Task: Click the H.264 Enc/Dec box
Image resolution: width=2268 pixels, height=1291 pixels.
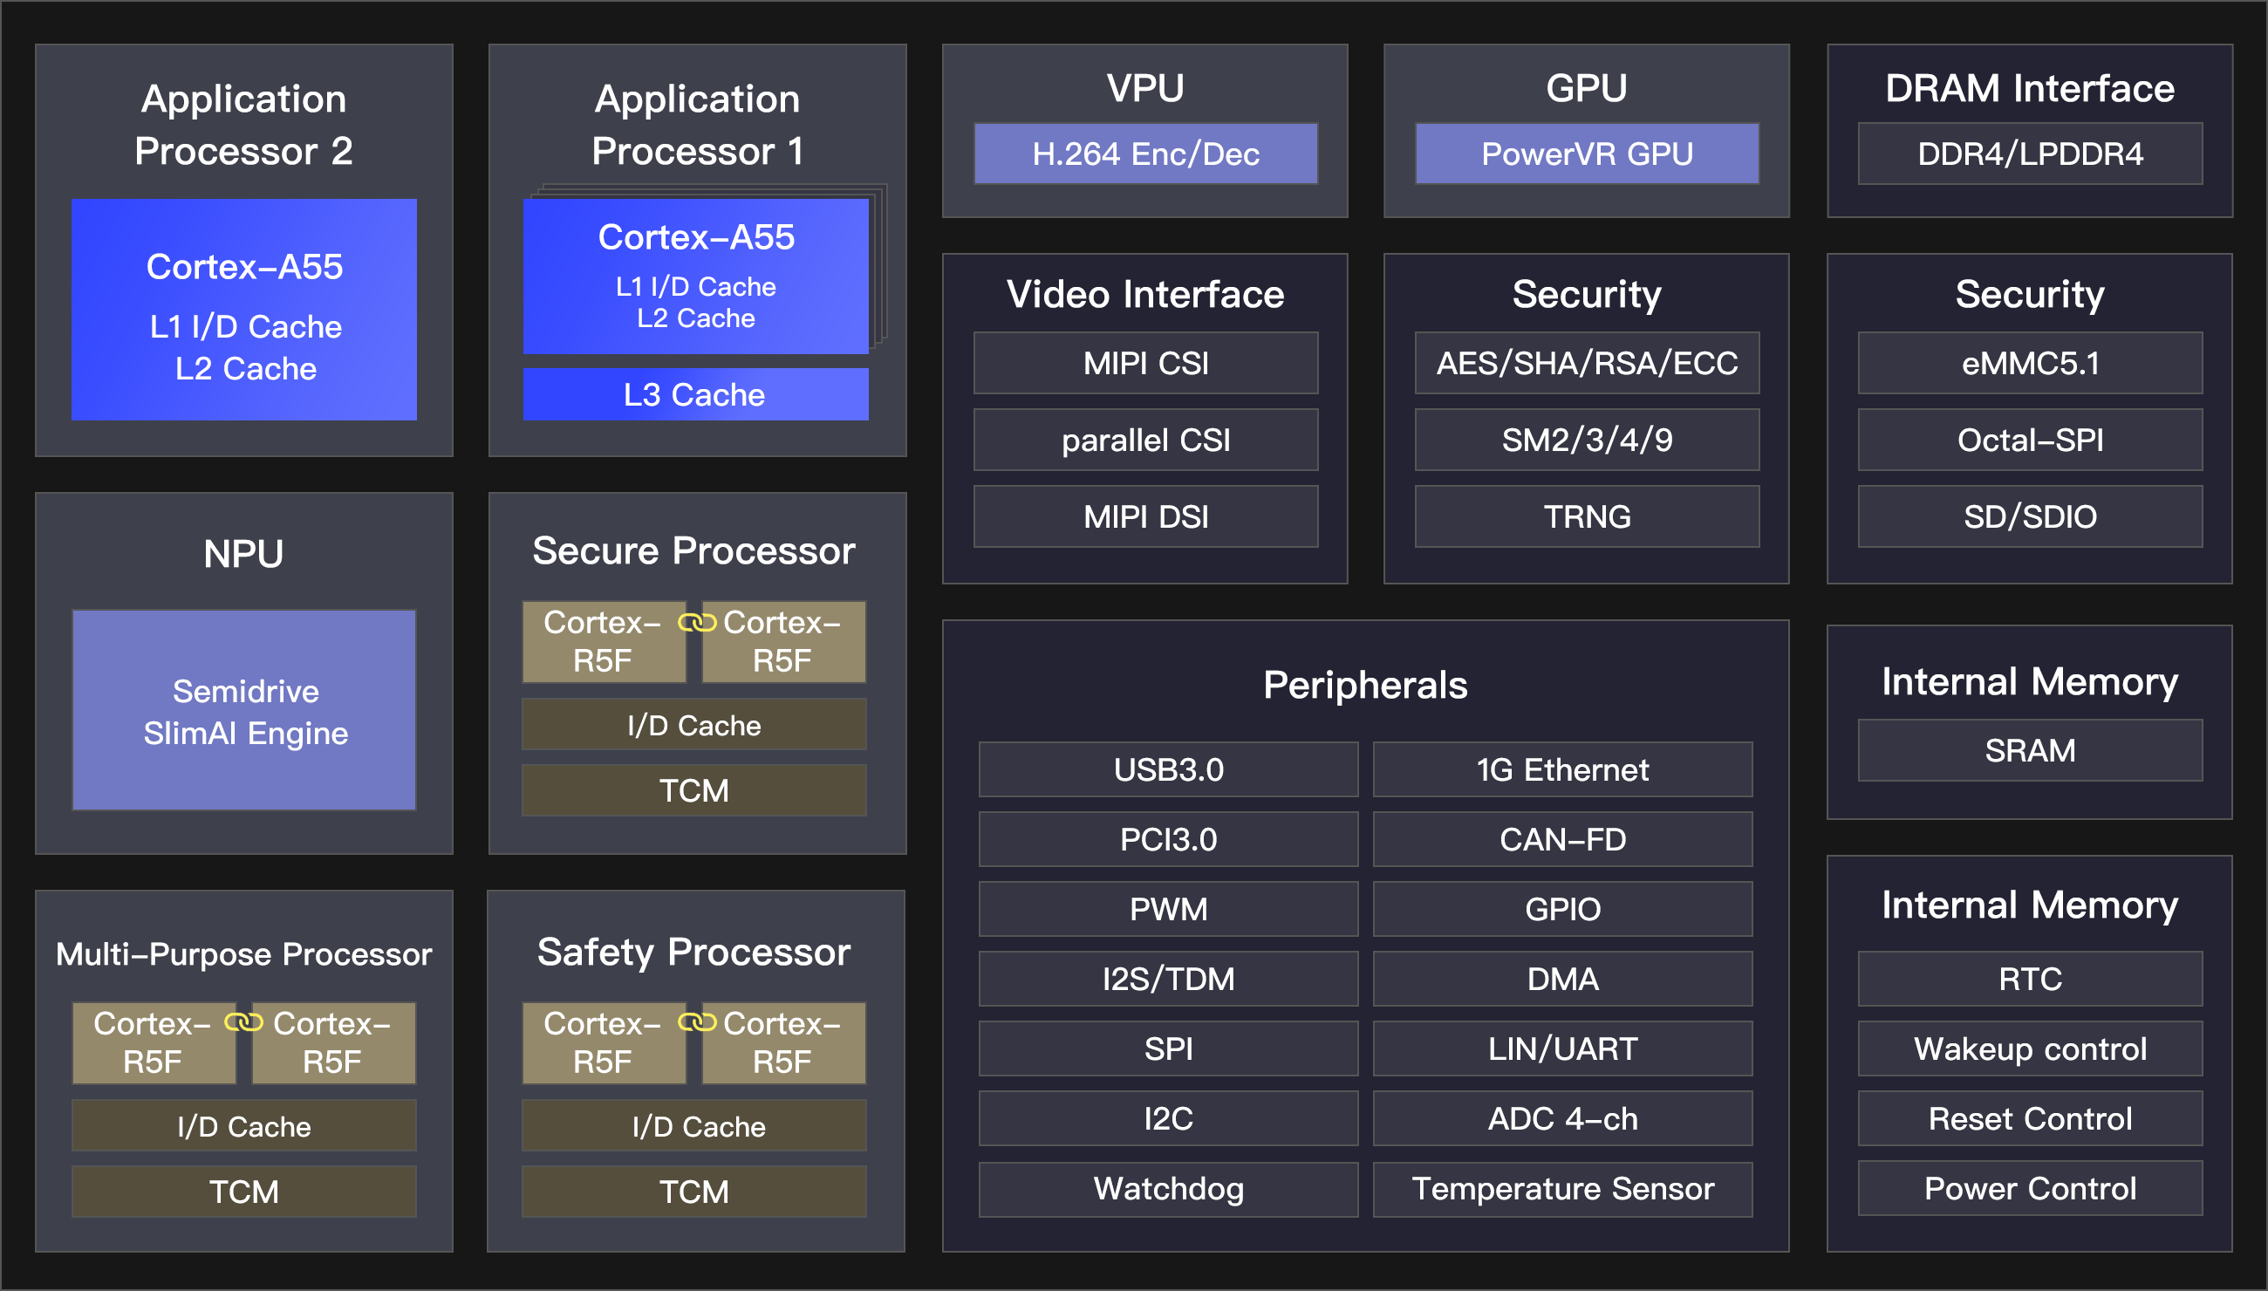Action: pyautogui.click(x=1144, y=154)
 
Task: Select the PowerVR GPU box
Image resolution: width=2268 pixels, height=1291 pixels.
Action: pyautogui.click(x=1586, y=154)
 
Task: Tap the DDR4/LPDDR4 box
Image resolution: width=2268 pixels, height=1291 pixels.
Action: pyautogui.click(x=2030, y=154)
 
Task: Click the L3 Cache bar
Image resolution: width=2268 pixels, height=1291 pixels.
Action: pyautogui.click(x=694, y=394)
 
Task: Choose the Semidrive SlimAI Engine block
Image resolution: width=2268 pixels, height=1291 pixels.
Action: pyautogui.click(x=244, y=710)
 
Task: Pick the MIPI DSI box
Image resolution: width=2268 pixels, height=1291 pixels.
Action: pyautogui.click(x=1144, y=516)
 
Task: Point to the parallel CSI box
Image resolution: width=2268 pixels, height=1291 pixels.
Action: pyautogui.click(x=1144, y=440)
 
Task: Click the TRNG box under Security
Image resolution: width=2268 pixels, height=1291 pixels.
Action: pyautogui.click(x=1586, y=516)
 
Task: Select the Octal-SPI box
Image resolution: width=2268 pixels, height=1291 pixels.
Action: pyautogui.click(x=2030, y=440)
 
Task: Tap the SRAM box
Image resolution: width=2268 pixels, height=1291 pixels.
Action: pyautogui.click(x=2030, y=750)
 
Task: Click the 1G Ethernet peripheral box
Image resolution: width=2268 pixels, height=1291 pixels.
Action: pyautogui.click(x=1562, y=769)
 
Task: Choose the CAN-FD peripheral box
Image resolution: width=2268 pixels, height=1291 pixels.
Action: pyautogui.click(x=1562, y=839)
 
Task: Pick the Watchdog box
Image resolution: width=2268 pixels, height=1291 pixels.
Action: pyautogui.click(x=1168, y=1188)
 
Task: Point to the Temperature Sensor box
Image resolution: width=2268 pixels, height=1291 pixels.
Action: pyautogui.click(x=1562, y=1188)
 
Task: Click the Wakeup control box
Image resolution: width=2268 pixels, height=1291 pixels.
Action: pyautogui.click(x=2030, y=1049)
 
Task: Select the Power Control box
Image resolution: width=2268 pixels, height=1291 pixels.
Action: pyautogui.click(x=2030, y=1188)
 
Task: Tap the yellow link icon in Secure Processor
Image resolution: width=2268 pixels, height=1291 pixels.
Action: pyautogui.click(x=696, y=624)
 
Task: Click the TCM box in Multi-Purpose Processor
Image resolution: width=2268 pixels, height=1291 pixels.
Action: pyautogui.click(x=244, y=1191)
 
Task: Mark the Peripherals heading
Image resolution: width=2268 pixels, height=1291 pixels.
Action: pyautogui.click(x=1364, y=685)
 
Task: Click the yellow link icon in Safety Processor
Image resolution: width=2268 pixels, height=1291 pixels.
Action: pyautogui.click(x=696, y=1023)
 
